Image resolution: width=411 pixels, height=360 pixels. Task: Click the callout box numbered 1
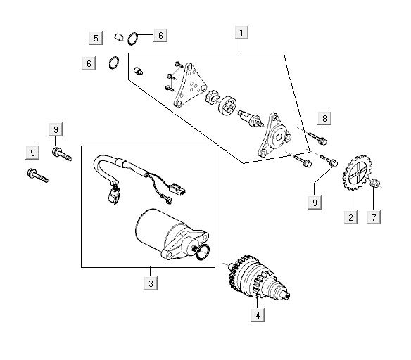[x=241, y=33]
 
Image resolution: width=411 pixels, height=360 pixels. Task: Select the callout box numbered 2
[x=350, y=217]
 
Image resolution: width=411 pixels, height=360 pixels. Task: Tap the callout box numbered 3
[x=151, y=283]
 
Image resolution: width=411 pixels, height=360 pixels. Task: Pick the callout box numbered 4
[x=258, y=315]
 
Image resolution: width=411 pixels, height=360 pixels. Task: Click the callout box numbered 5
[x=96, y=38]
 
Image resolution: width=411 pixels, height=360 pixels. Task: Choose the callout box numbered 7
[x=374, y=217]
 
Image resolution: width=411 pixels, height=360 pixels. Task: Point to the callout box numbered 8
[x=324, y=118]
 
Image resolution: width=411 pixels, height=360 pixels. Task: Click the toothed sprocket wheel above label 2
[x=357, y=172]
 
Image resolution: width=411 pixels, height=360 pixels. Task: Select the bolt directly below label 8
[x=317, y=139]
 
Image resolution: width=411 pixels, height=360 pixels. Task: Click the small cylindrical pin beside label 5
[x=119, y=37]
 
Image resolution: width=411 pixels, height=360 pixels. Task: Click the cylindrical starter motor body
[x=155, y=231]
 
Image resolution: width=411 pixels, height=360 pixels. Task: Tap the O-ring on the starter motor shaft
[x=203, y=252]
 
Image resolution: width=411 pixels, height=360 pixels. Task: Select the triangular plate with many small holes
[x=190, y=85]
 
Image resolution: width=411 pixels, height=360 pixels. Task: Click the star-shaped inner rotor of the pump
[x=212, y=96]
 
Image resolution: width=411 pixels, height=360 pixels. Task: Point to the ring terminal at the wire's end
[x=169, y=200]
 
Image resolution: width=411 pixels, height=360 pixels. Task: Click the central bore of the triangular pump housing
[x=279, y=137]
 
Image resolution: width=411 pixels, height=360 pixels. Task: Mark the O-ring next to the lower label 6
[x=114, y=63]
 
